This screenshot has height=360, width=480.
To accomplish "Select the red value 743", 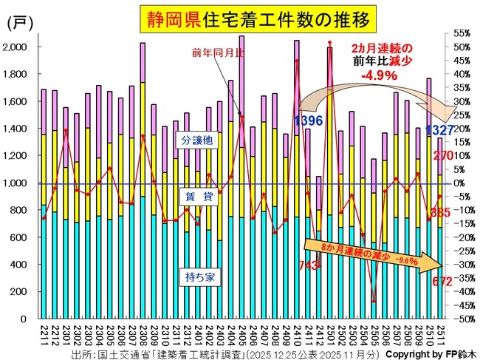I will tap(309, 265).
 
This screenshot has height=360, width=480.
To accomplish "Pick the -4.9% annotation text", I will tap(380, 75).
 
